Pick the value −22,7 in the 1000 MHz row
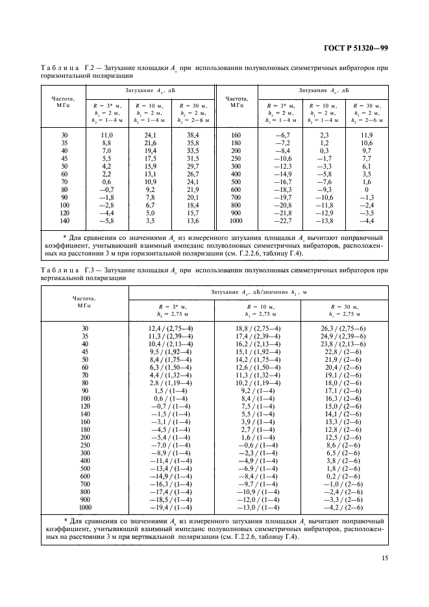[281, 221]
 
